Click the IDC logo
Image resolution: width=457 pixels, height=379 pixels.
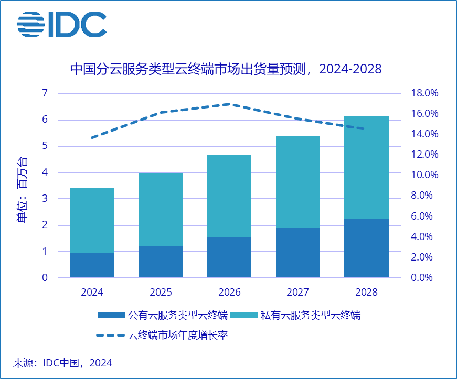pyautogui.click(x=61, y=24)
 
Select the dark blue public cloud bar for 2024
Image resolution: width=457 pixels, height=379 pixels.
pyautogui.click(x=92, y=265)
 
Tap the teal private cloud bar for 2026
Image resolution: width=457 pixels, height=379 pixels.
pyautogui.click(x=229, y=196)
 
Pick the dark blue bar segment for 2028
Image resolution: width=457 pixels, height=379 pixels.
pyautogui.click(x=366, y=248)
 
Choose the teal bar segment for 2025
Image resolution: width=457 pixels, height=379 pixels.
pyautogui.click(x=161, y=209)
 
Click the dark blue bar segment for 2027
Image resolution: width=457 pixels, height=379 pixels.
pyautogui.click(x=298, y=253)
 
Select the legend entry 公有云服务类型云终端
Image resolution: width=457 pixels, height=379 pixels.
pyautogui.click(x=163, y=315)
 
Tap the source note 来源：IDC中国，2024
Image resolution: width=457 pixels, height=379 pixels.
pyautogui.click(x=62, y=363)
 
